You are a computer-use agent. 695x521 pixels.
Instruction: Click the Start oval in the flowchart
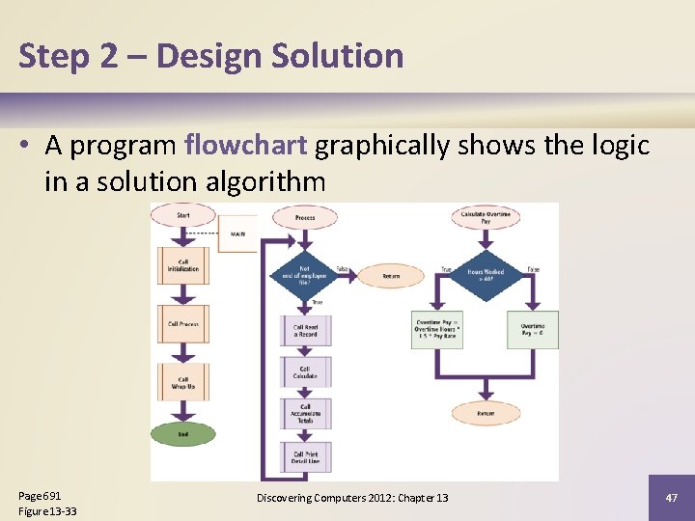[183, 214]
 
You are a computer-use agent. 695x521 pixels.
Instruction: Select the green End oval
[183, 434]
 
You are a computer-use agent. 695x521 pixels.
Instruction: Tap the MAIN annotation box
[237, 233]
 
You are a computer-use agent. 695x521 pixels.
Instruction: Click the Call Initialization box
[183, 265]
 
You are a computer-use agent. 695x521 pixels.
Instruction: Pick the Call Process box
[183, 324]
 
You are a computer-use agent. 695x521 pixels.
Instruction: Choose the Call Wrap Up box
[183, 383]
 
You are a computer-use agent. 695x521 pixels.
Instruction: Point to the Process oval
[305, 218]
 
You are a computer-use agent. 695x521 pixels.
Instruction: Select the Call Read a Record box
[305, 331]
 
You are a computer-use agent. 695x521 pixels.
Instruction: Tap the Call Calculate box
[305, 372]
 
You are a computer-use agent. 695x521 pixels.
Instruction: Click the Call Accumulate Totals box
[305, 413]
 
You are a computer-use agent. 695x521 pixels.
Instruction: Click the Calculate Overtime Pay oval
[486, 218]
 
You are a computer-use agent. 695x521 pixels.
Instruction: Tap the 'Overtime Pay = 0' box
[533, 329]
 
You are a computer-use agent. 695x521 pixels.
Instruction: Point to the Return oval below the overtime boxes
[486, 414]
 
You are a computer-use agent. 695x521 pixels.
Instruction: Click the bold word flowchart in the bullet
[245, 145]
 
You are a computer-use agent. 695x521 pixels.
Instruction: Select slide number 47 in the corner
[671, 498]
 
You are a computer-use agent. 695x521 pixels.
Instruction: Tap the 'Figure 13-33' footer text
[47, 511]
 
